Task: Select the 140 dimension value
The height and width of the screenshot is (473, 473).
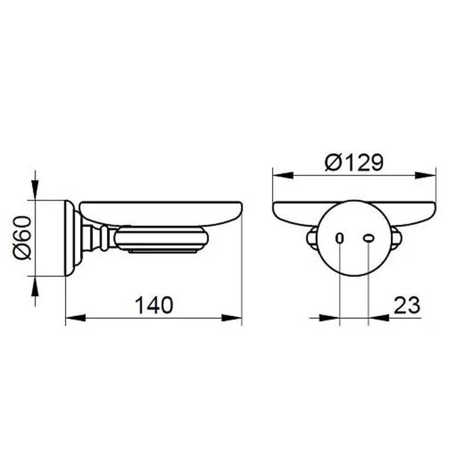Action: click(154, 305)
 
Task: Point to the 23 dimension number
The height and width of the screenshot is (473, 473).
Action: click(406, 305)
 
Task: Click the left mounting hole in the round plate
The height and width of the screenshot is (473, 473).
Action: click(339, 238)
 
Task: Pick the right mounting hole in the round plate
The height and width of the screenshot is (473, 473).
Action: click(368, 238)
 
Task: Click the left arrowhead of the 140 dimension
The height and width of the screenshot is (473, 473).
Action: click(75, 318)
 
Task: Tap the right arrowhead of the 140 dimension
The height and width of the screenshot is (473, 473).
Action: click(233, 318)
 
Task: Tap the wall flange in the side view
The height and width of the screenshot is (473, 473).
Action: click(71, 238)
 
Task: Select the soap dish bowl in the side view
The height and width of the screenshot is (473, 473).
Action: click(161, 213)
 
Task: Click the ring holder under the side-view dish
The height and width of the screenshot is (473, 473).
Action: click(161, 239)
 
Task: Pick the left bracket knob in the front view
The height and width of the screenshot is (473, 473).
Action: click(312, 238)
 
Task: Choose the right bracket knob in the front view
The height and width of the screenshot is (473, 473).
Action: click(396, 238)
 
